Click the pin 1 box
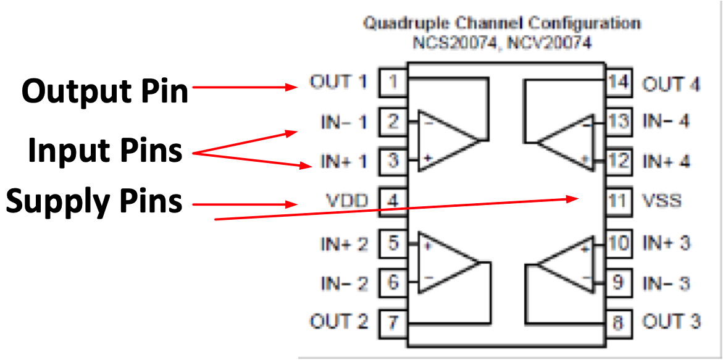click(393, 83)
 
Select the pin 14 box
click(619, 83)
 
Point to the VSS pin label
click(662, 201)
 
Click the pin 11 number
click(619, 201)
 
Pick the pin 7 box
click(393, 322)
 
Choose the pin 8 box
click(619, 322)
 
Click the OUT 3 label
click(671, 322)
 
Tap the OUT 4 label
click(671, 85)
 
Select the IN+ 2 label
click(344, 244)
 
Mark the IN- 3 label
click(666, 283)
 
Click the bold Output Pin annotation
click(105, 91)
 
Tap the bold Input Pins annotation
click(106, 151)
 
